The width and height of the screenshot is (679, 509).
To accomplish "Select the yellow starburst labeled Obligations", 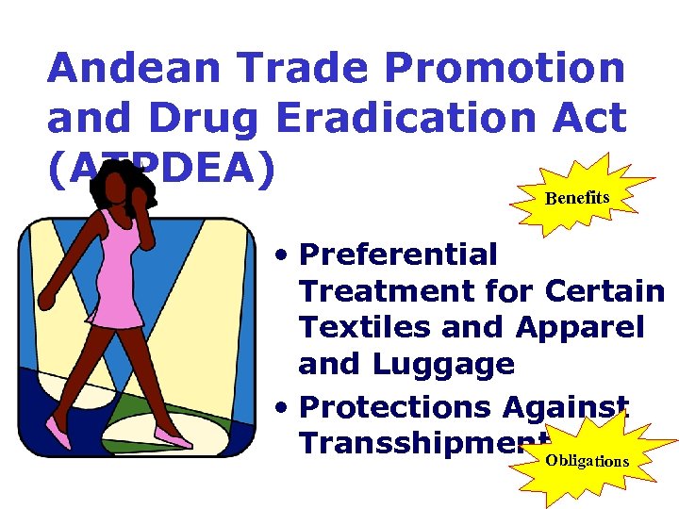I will coord(586,461).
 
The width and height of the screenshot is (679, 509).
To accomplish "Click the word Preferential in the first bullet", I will coord(398,254).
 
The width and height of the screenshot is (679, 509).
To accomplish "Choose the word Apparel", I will coord(580,327).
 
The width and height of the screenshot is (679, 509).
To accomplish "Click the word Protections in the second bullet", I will coord(394,406).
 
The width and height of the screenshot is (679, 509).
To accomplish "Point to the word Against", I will coord(566,406).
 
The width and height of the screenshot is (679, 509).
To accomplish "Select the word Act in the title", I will coord(590,118).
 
